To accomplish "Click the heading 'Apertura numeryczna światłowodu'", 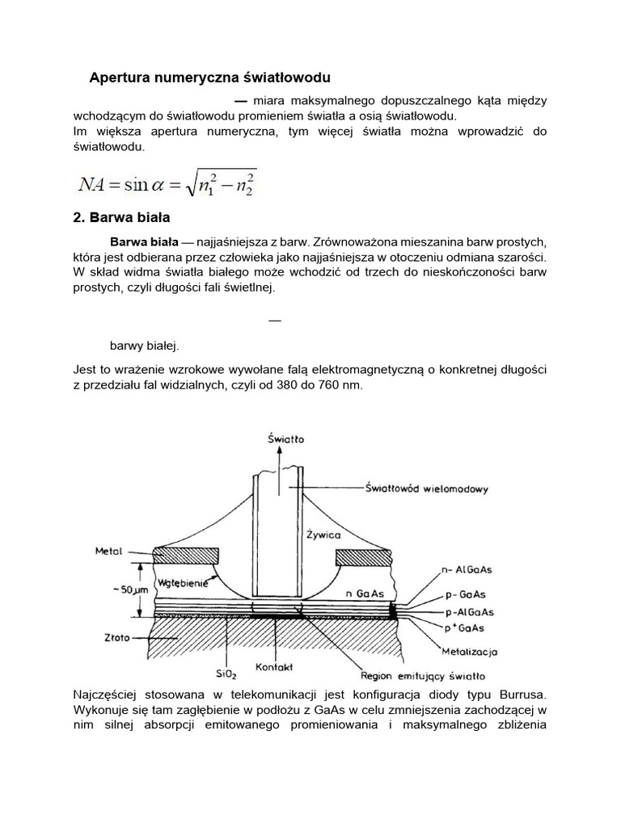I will point(209,78).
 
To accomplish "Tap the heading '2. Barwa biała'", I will point(121,218).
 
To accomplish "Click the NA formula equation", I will point(166,184).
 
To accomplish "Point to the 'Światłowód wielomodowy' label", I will point(420,488).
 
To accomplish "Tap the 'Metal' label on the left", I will point(108,552).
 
